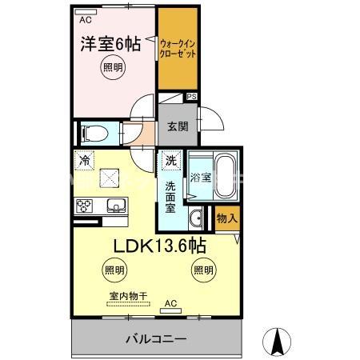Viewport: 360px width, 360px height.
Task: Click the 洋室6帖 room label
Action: pos(112,44)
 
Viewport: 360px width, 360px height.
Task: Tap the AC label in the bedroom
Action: pos(86,14)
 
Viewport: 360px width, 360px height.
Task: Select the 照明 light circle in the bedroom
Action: pos(112,69)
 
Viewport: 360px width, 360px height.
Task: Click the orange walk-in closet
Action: pos(177,49)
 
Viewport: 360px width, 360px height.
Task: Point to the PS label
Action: pos(190,97)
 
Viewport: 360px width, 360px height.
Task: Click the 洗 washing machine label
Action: pos(170,161)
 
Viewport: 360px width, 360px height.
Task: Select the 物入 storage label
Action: pos(226,218)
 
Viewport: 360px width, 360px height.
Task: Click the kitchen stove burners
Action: pos(85,206)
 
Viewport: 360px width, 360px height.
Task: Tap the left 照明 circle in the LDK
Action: pos(113,270)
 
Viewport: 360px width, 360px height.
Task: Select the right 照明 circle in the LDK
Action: pos(202,270)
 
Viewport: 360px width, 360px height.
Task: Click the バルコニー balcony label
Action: pos(156,338)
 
